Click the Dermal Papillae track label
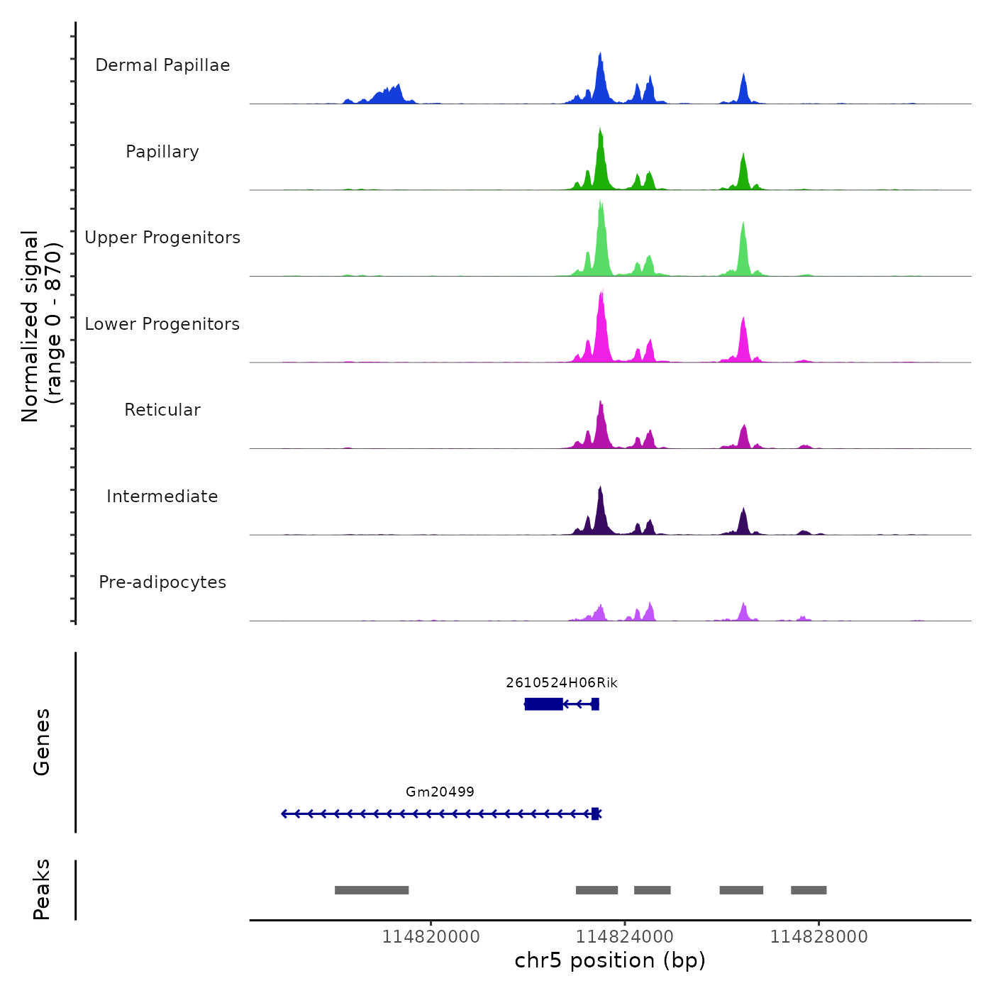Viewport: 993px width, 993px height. tap(162, 65)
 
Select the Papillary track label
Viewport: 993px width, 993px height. tap(162, 152)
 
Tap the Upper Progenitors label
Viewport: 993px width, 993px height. tap(162, 238)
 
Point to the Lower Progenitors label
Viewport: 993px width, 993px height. tap(162, 324)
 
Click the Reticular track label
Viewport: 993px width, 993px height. tap(162, 410)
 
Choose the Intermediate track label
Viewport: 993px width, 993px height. tap(162, 496)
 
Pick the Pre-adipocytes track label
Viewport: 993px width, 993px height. tap(162, 582)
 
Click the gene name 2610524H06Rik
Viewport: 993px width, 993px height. tap(561, 683)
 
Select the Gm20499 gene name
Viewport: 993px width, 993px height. tap(440, 792)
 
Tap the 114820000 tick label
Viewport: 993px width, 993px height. tap(431, 937)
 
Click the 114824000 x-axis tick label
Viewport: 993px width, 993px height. tap(625, 937)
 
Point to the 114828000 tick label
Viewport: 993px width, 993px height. tap(819, 937)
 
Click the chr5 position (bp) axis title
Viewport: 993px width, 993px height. tap(610, 960)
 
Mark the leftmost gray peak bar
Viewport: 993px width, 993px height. tap(372, 890)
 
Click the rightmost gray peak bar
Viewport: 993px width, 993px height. tap(809, 890)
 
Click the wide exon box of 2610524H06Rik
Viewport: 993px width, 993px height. tap(544, 704)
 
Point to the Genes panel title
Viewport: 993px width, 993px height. tap(42, 742)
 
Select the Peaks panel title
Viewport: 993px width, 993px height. tap(42, 889)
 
